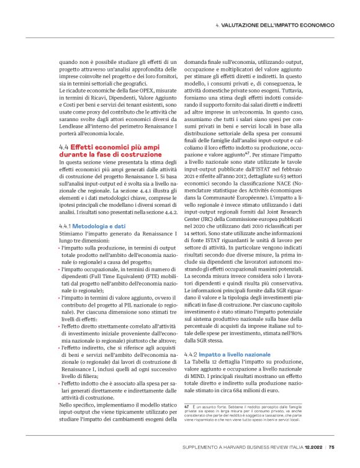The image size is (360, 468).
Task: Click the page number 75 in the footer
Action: [332, 446]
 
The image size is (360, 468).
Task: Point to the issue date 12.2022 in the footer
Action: [312, 446]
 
